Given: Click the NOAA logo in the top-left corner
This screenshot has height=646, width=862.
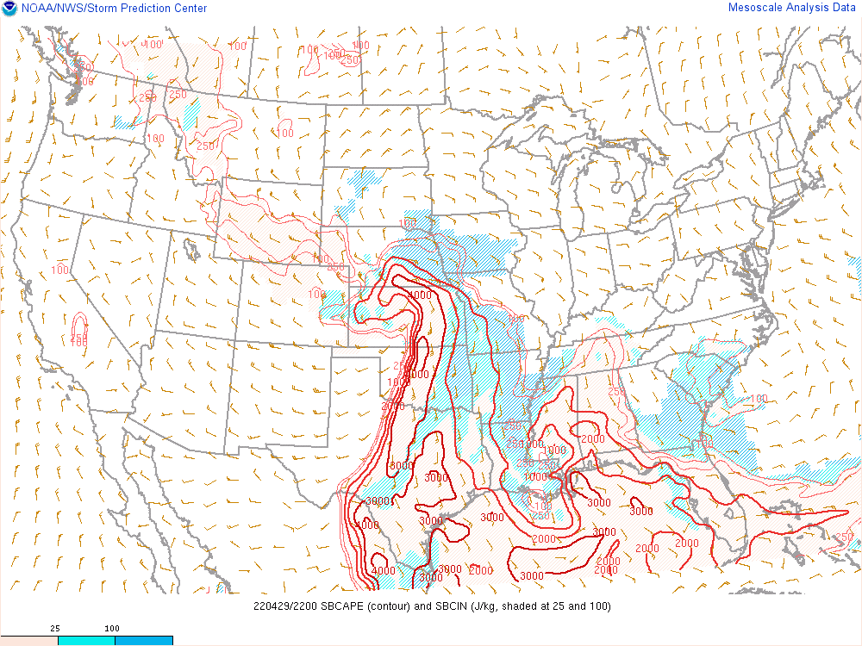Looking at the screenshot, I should coord(9,9).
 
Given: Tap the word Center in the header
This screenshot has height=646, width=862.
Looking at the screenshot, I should coord(189,9).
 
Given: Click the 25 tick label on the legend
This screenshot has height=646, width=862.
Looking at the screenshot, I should coord(55,629).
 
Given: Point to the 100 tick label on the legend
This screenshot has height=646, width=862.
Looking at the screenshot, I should coord(113,629).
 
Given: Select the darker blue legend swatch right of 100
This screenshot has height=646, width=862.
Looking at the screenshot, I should coord(143,641).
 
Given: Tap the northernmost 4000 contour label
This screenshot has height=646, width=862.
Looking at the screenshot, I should coord(420,295).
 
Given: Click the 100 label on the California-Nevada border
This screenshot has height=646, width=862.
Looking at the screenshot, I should coord(60,270).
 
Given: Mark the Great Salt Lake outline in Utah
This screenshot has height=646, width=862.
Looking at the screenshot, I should coord(191,250).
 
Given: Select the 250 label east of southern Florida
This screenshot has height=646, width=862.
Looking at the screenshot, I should coord(844,537).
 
